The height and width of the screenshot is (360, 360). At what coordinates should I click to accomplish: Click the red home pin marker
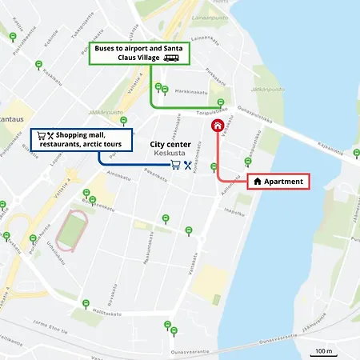click(x=217, y=124)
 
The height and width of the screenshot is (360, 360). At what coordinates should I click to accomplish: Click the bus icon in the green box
click(x=171, y=58)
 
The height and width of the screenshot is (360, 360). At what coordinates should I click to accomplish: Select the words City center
click(x=171, y=145)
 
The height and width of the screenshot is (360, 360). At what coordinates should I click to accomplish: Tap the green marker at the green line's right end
click(x=221, y=102)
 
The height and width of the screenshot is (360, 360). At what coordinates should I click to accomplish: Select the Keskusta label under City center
click(x=171, y=154)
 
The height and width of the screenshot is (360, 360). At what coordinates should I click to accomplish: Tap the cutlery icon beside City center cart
click(x=187, y=166)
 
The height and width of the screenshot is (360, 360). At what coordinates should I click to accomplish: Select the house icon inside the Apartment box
click(x=258, y=182)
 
